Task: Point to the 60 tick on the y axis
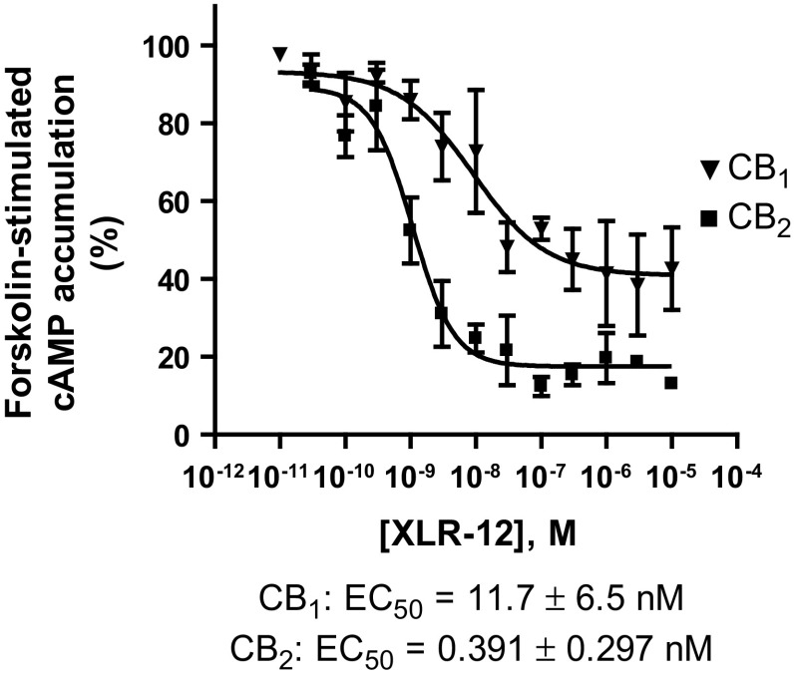(x=180, y=201)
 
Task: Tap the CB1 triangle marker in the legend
(x=710, y=170)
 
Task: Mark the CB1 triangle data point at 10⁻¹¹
(x=280, y=54)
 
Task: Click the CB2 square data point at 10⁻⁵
(x=670, y=383)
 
